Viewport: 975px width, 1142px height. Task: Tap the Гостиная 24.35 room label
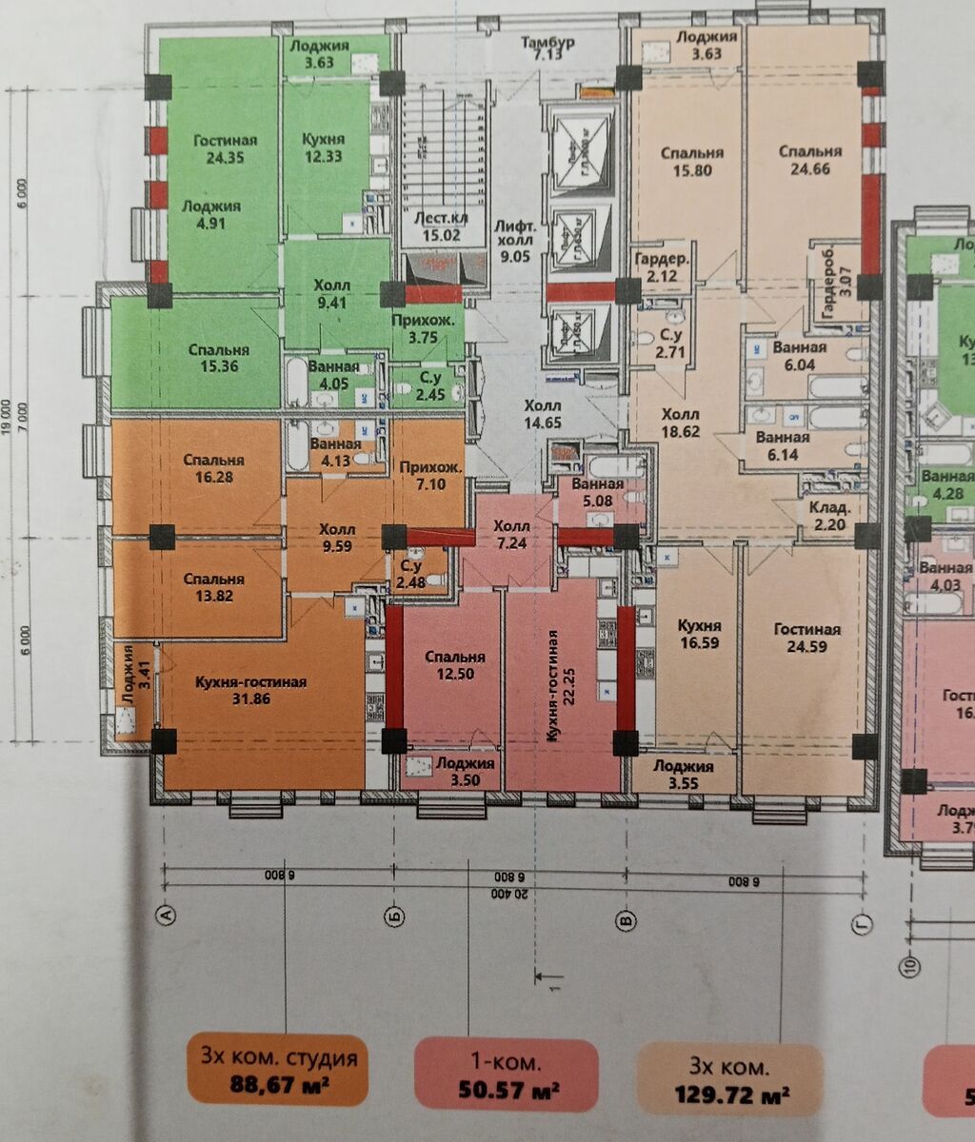click(225, 149)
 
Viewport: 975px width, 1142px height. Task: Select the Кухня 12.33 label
click(323, 148)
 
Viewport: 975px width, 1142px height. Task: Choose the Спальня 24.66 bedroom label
click(809, 161)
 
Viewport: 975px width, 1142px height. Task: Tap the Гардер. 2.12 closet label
click(661, 268)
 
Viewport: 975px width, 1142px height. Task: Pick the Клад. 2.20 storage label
click(824, 515)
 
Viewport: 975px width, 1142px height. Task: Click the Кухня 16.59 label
click(699, 636)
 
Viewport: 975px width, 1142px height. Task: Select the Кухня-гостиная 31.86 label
click(251, 691)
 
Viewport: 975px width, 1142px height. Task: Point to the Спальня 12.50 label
click(454, 665)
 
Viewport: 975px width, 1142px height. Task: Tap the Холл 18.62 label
click(681, 423)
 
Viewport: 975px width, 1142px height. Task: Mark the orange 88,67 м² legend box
click(279, 1069)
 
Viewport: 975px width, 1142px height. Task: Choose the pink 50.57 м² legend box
click(507, 1074)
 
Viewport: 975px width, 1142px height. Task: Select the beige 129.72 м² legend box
click(730, 1079)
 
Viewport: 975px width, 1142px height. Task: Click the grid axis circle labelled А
click(167, 916)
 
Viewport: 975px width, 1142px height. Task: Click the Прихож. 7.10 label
click(431, 476)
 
